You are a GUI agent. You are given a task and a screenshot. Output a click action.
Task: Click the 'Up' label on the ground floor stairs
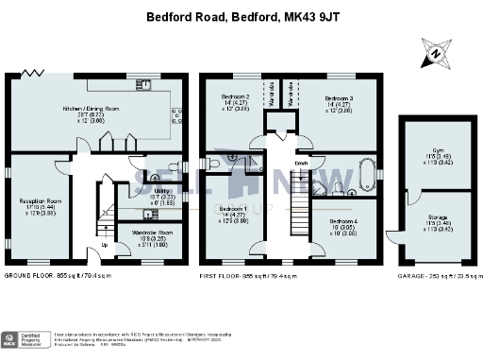point(103,248)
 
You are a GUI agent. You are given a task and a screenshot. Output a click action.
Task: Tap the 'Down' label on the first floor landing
point(301,164)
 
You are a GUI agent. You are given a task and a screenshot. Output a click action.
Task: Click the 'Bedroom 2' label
point(235,97)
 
